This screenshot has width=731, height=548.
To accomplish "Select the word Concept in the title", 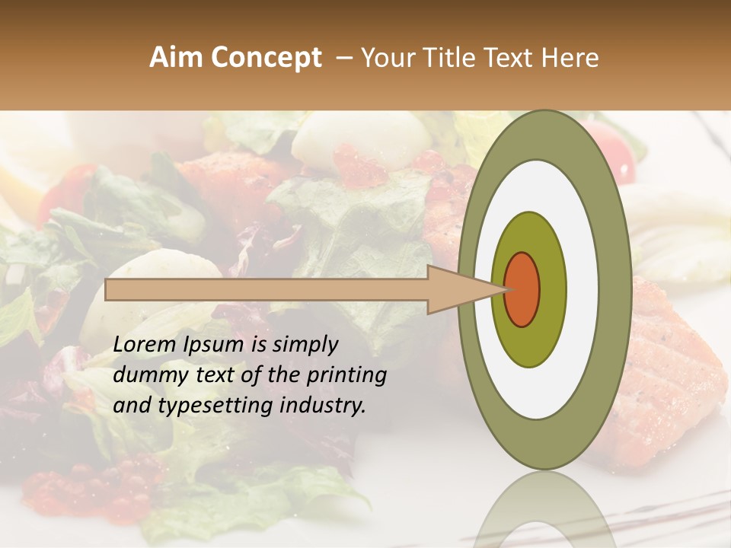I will pyautogui.click(x=267, y=58).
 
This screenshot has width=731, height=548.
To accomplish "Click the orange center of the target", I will pyautogui.click(x=522, y=289).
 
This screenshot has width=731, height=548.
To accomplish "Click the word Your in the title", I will pyautogui.click(x=385, y=58).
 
